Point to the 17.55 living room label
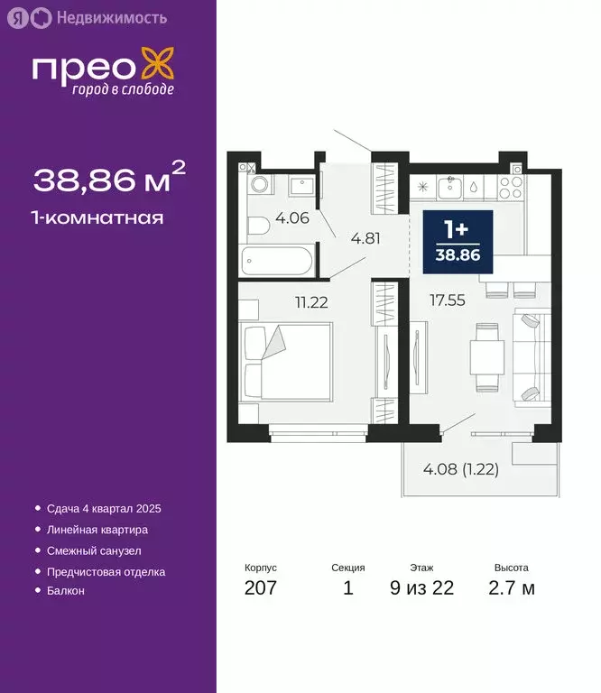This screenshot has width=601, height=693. (447, 300)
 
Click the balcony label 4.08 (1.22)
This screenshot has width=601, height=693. (461, 468)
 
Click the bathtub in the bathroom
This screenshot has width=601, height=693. (279, 263)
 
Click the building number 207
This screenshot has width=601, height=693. (260, 588)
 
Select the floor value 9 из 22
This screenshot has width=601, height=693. (421, 588)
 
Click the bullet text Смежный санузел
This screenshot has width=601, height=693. (94, 550)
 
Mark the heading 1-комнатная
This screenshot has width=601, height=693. (98, 217)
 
